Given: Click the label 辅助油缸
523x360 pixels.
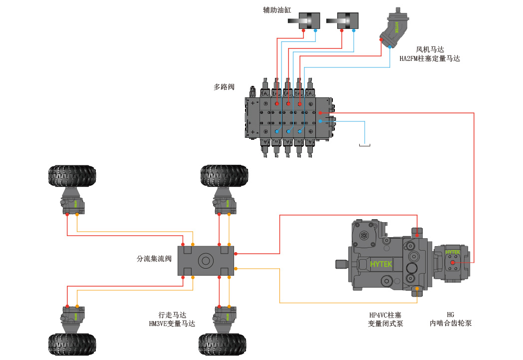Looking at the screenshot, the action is click(277, 10).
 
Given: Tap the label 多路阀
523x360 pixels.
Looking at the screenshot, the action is click(224, 87).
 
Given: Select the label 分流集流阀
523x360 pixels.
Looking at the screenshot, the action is click(154, 259).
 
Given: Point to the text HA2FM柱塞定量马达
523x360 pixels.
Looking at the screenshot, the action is click(430, 59).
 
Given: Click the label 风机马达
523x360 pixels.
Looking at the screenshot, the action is click(430, 50).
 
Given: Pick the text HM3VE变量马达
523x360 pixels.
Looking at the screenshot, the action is click(172, 324).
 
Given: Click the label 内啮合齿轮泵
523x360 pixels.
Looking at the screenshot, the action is click(450, 323).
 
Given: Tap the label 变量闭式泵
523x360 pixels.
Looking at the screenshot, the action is click(385, 323).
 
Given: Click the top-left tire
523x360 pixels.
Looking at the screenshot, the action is click(72, 176).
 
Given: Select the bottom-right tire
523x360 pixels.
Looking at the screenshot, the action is click(223, 344).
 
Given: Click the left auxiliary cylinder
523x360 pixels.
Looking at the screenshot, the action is click(304, 20).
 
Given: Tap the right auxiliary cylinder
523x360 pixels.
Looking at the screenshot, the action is click(342, 20).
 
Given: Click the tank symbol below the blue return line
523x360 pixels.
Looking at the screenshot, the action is click(365, 145).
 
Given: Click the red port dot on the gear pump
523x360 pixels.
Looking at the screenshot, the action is click(452, 263).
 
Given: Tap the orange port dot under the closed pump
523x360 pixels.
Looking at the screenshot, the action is click(417, 288).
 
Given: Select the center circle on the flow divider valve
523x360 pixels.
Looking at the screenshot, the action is click(206, 261).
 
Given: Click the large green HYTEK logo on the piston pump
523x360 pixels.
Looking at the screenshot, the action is click(381, 264).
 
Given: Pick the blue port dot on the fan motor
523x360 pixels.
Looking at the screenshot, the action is click(390, 47).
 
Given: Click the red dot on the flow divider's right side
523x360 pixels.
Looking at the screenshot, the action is click(236, 254).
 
